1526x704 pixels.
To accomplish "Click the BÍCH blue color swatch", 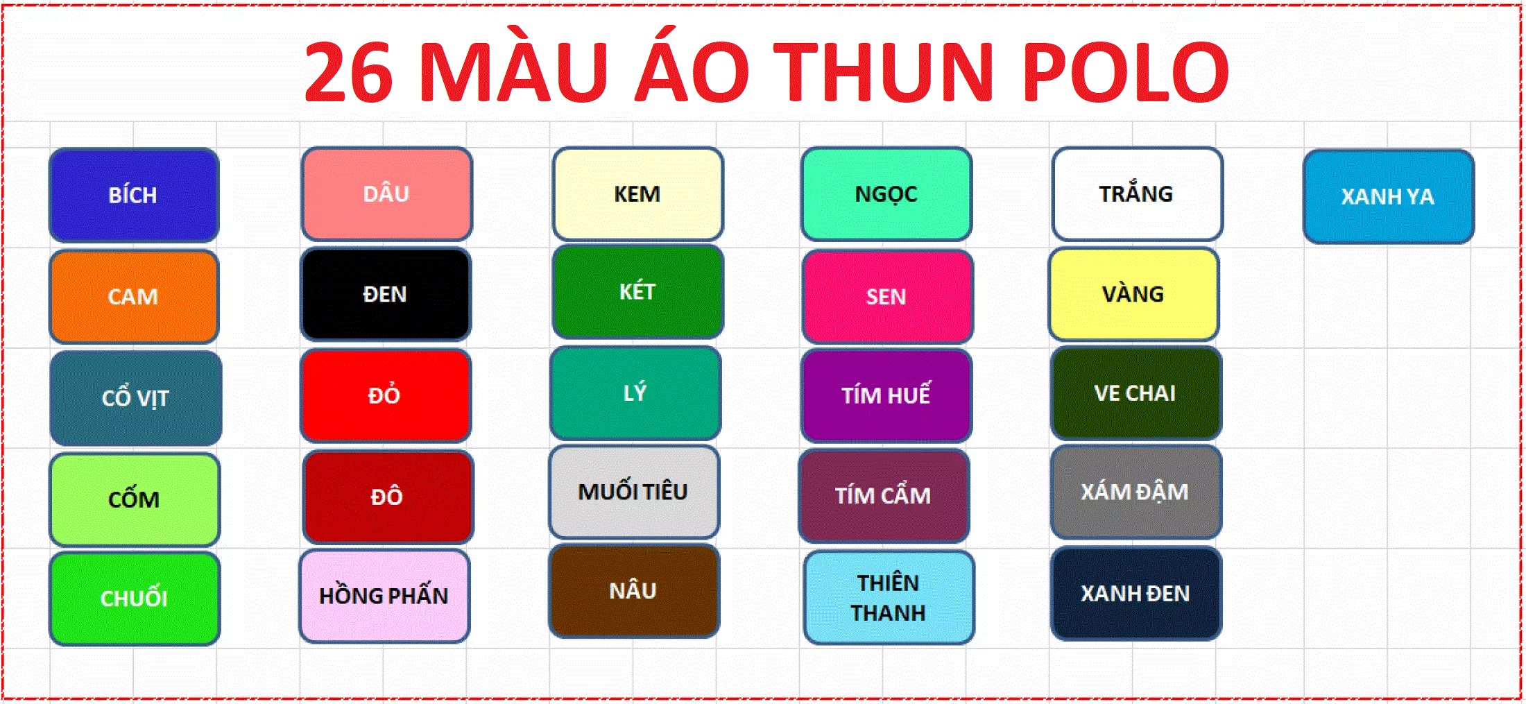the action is [134, 195].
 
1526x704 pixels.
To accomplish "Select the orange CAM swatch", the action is [134, 296].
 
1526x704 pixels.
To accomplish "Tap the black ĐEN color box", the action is [386, 294].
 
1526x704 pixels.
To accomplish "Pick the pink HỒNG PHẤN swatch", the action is [384, 596].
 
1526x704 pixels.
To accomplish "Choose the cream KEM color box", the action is [637, 194].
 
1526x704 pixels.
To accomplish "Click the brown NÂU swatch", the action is [634, 591].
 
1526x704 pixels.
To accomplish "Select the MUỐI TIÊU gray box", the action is [634, 492].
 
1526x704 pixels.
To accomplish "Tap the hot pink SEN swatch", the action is [887, 297].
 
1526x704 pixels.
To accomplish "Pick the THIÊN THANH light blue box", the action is [889, 597].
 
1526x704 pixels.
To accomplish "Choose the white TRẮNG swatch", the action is [1137, 194].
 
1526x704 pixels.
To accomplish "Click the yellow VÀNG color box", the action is [1134, 294].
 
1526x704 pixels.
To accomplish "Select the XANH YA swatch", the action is [1389, 196].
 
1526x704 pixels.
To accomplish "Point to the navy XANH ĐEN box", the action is [1136, 594].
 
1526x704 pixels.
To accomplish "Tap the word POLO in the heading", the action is [1125, 72].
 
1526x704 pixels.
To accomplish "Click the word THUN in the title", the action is [884, 72].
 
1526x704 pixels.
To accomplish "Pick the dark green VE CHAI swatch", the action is [1136, 393].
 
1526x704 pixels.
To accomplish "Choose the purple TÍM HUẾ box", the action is [886, 395].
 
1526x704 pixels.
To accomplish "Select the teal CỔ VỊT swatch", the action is [136, 398].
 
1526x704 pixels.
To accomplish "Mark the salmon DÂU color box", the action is [387, 194].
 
